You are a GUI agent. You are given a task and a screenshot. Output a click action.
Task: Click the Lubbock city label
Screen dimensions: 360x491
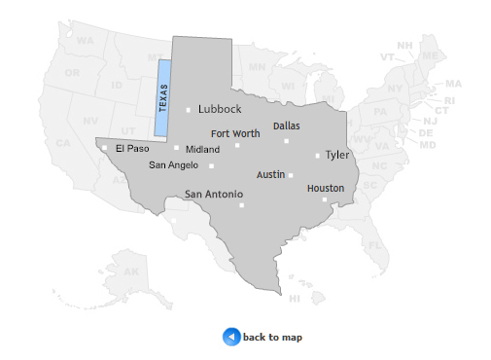coord(219,109)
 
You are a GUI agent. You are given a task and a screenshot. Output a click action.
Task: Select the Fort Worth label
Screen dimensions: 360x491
coord(234,133)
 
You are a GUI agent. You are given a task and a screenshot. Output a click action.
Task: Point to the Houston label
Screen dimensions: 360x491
coord(325,188)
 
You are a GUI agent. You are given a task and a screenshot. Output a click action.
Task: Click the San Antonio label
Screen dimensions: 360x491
coord(214,195)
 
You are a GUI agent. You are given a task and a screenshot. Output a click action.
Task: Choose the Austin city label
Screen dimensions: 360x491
coord(270,175)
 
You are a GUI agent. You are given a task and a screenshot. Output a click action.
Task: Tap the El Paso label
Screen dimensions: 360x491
coord(131,149)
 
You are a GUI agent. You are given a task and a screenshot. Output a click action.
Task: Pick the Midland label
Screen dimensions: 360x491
coord(202,150)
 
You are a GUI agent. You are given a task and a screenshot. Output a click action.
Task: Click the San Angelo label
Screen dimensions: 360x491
coord(173,165)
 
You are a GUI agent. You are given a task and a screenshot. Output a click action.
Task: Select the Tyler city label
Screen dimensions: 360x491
coord(337,155)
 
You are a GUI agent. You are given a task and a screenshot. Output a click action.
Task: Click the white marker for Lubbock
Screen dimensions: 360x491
coord(189,110)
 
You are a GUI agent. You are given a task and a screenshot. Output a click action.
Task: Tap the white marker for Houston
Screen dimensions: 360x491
coord(324,199)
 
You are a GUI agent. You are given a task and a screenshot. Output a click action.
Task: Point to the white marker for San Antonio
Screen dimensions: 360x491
coord(241,205)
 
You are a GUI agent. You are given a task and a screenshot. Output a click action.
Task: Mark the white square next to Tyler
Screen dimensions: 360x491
coord(317,156)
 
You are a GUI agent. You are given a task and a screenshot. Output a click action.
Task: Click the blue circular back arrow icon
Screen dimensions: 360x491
coord(231,337)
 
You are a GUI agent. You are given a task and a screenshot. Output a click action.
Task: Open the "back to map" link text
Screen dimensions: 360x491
coord(272,338)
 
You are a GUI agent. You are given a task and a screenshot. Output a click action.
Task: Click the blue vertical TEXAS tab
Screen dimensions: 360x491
coord(162,98)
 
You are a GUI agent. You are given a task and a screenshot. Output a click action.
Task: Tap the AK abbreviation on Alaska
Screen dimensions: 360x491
coord(130,271)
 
